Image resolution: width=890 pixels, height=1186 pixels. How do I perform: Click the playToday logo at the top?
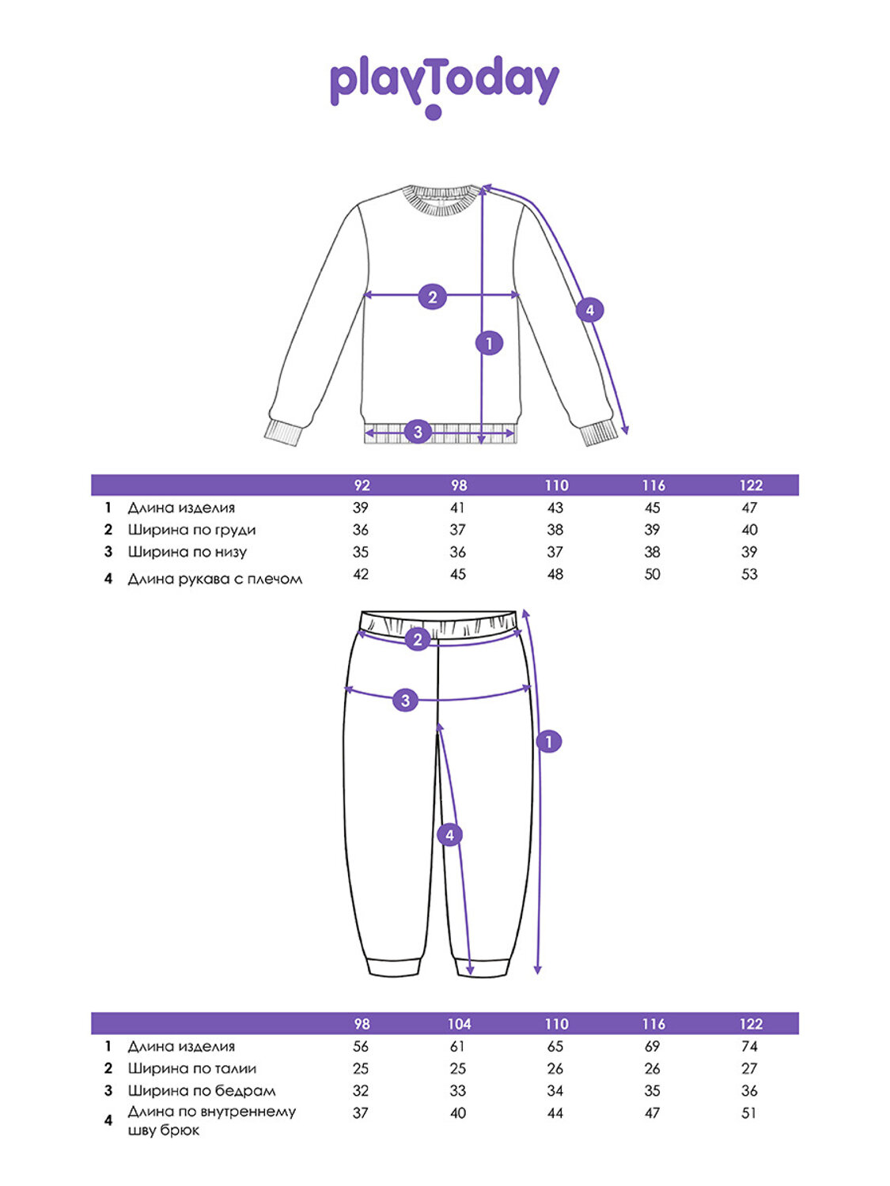click(444, 86)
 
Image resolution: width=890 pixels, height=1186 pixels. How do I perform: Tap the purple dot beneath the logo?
click(434, 112)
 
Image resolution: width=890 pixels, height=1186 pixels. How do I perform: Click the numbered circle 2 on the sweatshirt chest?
click(432, 296)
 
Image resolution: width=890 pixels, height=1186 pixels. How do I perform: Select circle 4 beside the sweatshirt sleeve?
click(589, 310)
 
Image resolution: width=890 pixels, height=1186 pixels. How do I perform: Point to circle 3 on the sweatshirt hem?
click(418, 432)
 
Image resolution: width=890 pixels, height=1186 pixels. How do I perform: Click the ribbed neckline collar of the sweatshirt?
click(441, 198)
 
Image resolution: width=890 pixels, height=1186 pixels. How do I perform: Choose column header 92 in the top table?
click(362, 485)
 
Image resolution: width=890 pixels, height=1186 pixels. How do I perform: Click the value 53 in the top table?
click(749, 574)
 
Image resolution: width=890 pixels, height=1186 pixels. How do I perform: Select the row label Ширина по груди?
click(191, 530)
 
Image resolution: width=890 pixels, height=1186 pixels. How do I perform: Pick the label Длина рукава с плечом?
click(214, 579)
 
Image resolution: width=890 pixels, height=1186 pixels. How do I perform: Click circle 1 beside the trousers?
click(549, 742)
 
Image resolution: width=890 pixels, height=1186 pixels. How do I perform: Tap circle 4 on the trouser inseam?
click(449, 835)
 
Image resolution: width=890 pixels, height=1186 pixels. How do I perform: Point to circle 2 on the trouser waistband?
click(418, 640)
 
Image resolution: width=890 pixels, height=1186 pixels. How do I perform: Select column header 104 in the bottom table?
click(460, 1024)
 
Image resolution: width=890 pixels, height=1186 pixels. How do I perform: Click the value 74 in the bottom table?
click(749, 1047)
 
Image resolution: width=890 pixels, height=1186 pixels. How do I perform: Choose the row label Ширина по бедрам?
click(202, 1090)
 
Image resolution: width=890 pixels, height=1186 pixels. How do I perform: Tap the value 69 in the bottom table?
click(652, 1047)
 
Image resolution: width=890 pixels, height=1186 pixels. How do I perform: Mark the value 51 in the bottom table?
click(749, 1113)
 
